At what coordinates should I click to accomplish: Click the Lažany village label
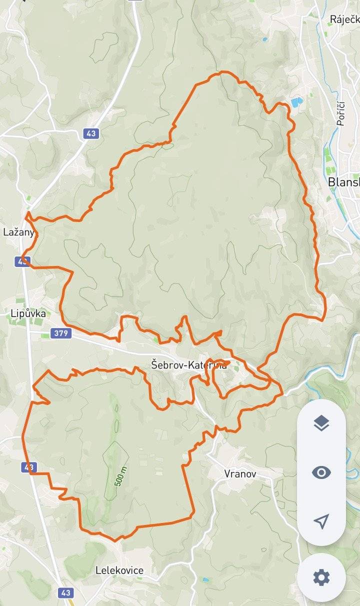point(19,232)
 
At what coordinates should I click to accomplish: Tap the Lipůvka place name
point(28,314)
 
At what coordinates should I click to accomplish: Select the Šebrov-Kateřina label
point(188,365)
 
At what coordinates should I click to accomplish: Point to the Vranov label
point(240,473)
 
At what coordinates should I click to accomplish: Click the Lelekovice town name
point(119,570)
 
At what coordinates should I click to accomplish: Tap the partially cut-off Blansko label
point(344,182)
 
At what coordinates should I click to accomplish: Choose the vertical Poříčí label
point(340,113)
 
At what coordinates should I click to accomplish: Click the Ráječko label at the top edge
point(344,19)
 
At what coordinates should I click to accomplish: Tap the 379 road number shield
point(60,333)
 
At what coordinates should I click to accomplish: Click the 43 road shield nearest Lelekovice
point(64,592)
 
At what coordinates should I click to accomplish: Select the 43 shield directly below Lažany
point(23,261)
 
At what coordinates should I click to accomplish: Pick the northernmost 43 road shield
point(90,133)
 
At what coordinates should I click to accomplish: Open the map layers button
point(321,423)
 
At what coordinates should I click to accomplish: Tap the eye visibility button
point(321,472)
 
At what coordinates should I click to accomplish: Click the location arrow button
point(321,521)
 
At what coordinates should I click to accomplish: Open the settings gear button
point(321,577)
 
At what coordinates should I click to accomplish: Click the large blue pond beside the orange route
point(297,102)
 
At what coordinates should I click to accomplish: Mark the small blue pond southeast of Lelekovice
point(205,580)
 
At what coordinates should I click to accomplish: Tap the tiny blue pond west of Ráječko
point(264,38)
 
